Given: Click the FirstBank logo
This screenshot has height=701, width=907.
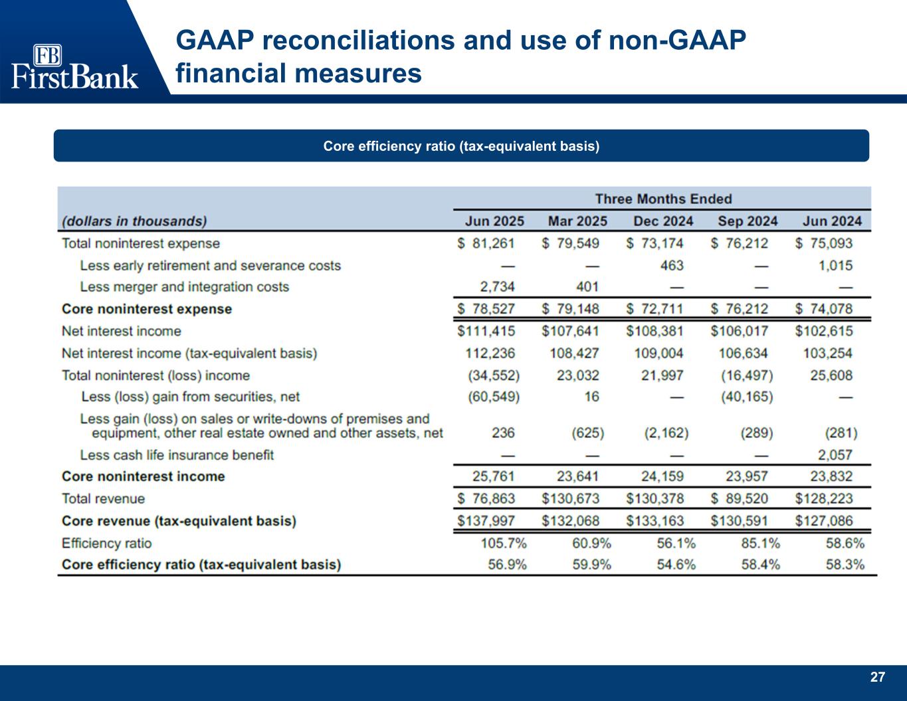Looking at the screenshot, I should [74, 66].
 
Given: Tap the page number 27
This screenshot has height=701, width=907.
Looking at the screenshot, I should [878, 677].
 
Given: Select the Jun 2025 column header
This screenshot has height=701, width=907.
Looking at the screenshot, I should [490, 221].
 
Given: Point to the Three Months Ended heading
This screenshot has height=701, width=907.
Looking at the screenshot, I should [662, 199].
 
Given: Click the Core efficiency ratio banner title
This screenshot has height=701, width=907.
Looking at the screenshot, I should [461, 146].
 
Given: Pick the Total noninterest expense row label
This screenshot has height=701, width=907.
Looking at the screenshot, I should [140, 243].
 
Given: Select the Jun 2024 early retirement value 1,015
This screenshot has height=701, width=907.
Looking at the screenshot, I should [835, 265].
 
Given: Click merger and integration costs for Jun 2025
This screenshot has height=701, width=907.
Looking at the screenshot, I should [497, 287].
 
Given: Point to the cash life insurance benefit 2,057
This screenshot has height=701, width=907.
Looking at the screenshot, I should [835, 455].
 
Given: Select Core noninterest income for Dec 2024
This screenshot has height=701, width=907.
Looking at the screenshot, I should [658, 476].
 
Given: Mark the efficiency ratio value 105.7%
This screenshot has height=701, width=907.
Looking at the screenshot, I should [504, 543].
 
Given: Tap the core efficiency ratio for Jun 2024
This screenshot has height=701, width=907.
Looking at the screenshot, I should [845, 565].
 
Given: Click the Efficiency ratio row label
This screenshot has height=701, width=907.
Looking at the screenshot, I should [106, 543].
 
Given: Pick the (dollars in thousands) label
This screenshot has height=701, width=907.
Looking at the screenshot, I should [134, 221].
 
